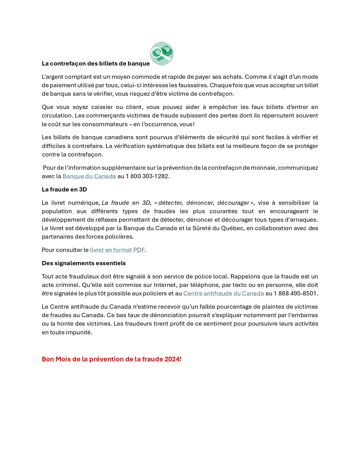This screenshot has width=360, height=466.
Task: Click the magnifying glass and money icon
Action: point(162,54)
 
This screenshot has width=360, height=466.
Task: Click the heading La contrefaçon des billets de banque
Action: point(96,64)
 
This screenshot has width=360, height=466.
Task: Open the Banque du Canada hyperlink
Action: point(89,176)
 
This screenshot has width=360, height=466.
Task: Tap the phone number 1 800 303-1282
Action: point(147,176)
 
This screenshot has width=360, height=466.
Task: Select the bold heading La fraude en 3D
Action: point(64,190)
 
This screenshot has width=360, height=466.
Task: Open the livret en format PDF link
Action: point(117,250)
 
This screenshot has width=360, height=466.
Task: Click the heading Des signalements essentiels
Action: point(84,263)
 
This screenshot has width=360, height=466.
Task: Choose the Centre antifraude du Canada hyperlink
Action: point(223,293)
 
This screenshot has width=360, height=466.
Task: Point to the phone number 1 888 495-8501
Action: point(295,293)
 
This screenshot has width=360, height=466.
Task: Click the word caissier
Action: point(102,107)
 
